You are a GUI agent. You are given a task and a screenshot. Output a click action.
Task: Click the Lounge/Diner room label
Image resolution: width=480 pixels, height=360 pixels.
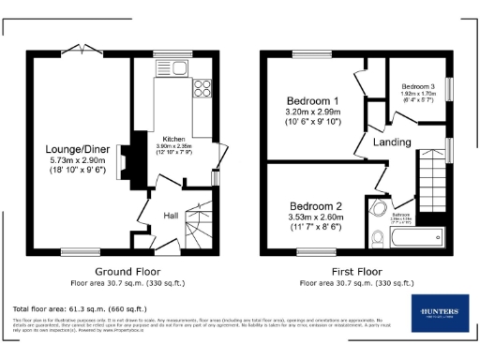[78, 149]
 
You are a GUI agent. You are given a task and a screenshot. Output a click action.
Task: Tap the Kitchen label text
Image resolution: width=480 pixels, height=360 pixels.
[173, 138]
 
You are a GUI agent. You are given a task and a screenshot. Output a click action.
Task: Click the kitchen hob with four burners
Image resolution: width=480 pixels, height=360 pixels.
[202, 90]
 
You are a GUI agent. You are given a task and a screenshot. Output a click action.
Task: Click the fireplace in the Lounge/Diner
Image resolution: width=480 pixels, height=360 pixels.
[137, 157]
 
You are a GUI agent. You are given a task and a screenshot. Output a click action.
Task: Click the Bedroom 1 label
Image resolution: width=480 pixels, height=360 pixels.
[313, 100]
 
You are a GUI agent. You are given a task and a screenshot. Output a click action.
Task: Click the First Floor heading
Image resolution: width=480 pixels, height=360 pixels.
[354, 271]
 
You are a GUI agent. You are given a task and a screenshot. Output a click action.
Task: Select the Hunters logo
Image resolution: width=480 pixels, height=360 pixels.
[437, 313]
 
